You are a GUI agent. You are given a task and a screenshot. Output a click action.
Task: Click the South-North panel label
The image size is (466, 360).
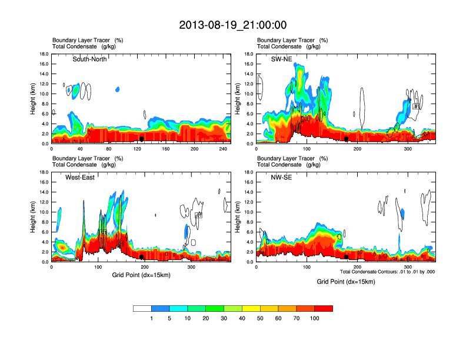coord(89,59)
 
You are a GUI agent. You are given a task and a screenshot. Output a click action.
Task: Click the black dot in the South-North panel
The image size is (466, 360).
coord(141,139)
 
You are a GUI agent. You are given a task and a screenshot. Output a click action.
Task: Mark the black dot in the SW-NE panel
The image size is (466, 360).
coord(347,139)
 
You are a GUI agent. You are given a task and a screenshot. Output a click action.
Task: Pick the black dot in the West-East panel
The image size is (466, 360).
coord(141,257)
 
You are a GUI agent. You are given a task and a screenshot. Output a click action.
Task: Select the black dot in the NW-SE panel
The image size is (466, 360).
coord(347,257)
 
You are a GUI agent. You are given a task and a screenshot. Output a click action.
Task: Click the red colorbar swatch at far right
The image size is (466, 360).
coord(324,308)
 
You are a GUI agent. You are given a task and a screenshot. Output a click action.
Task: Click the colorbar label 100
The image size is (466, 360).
coord(315,318)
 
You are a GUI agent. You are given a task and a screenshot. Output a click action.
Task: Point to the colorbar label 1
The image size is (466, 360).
coord(152,318)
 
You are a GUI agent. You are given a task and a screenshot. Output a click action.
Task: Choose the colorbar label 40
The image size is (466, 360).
coord(242,318)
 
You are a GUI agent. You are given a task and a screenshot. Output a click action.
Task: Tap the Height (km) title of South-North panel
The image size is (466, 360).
coord(34,99)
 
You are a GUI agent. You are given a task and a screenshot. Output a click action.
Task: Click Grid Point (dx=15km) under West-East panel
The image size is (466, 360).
coord(141,275)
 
